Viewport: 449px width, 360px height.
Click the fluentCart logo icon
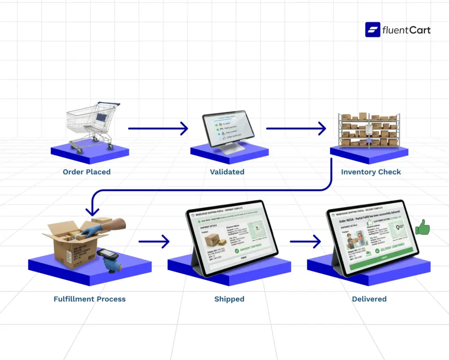[373, 30]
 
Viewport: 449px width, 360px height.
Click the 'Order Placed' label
[86, 172]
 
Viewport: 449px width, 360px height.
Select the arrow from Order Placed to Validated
[158, 128]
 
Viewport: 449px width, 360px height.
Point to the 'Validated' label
[227, 172]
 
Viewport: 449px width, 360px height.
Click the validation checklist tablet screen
[228, 130]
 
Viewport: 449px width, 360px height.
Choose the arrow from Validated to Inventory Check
[296, 128]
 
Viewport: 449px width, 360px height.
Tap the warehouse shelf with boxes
[369, 130]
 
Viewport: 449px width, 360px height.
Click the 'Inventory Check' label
[371, 172]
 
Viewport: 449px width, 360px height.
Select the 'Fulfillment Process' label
[89, 299]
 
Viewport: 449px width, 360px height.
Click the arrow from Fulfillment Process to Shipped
[154, 241]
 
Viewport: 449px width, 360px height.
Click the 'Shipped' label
[229, 299]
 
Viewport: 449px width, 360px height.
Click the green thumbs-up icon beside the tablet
[422, 228]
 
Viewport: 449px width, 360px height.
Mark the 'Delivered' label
[369, 299]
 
